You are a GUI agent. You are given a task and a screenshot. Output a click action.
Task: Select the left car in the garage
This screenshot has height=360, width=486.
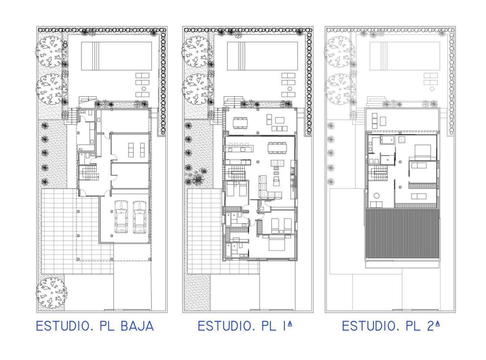(x=121, y=216)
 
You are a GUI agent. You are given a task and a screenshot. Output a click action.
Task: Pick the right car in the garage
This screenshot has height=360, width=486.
(x=139, y=217)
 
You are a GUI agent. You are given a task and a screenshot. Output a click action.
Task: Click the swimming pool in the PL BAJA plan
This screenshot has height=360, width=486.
(x=116, y=56)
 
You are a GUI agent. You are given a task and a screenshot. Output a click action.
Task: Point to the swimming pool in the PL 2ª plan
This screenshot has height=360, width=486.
(x=405, y=56)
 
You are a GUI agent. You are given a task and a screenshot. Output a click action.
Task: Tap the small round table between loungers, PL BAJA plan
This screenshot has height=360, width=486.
(x=144, y=89)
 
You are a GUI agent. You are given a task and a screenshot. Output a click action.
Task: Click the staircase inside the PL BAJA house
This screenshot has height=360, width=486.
(x=88, y=172)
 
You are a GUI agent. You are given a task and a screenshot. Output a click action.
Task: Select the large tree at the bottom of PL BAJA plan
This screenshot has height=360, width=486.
(x=51, y=293)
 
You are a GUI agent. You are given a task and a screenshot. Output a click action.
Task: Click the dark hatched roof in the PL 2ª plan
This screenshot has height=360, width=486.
(x=402, y=234)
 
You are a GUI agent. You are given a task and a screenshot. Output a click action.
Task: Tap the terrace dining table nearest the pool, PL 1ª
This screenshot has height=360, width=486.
(x=240, y=123)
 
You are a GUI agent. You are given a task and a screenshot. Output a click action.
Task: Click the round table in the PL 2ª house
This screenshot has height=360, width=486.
(x=376, y=195)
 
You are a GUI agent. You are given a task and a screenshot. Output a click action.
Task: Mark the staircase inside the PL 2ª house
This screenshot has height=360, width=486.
(x=377, y=172)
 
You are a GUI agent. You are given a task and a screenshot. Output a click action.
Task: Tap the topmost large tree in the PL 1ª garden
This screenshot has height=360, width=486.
(x=196, y=52)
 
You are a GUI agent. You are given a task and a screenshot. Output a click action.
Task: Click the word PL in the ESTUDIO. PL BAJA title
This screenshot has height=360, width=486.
(x=107, y=326)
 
